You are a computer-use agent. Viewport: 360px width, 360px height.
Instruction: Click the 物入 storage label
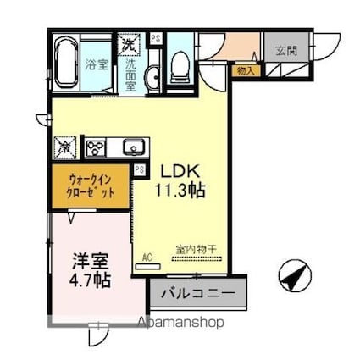coord(245,70)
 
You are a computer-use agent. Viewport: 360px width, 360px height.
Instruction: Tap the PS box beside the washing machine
coord(156,38)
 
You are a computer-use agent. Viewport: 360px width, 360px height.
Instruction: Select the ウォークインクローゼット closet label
coord(91,186)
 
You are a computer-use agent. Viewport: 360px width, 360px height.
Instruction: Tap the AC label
coord(146,255)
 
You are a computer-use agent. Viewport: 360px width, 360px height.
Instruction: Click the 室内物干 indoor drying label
coord(196,249)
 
